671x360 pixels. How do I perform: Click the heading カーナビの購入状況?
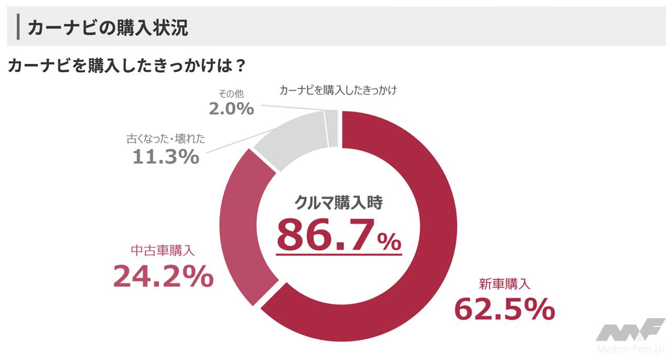pyautogui.click(x=107, y=28)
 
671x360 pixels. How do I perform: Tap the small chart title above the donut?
pyautogui.click(x=338, y=90)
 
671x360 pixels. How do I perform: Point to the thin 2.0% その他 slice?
pyautogui.click(x=331, y=128)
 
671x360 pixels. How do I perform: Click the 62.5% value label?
pyautogui.click(x=504, y=309)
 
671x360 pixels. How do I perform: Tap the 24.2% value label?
pyautogui.click(x=163, y=276)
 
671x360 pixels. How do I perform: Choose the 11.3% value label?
pyautogui.click(x=166, y=156)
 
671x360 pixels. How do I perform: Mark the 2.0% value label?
pyautogui.click(x=231, y=108)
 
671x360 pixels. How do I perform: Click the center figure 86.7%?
pyautogui.click(x=339, y=236)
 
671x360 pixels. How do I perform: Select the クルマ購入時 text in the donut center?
pyautogui.click(x=339, y=203)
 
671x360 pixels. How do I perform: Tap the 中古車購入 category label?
pyautogui.click(x=163, y=250)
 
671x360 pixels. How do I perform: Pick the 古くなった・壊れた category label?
pyautogui.click(x=166, y=139)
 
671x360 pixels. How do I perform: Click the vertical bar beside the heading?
pyautogui.click(x=18, y=27)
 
